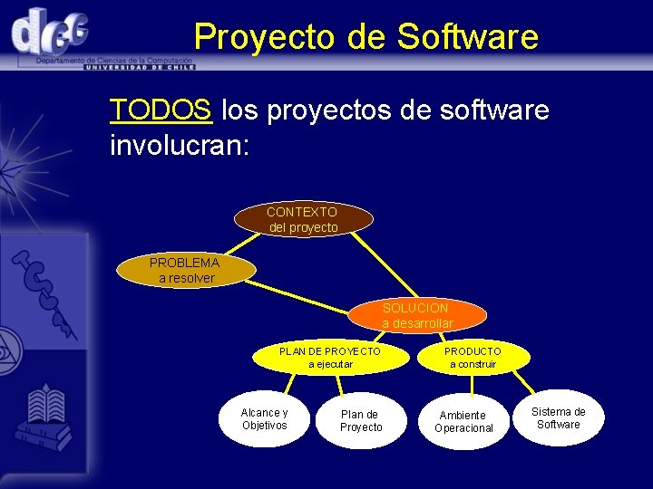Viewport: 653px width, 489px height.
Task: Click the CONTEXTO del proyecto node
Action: coord(303,219)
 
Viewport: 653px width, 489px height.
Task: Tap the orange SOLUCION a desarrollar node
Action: coord(416,315)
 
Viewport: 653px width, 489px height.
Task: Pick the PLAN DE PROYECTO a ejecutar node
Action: coord(330,357)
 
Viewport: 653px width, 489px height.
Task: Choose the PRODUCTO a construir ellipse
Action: coord(473,357)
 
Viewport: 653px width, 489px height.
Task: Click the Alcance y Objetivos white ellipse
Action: coord(264,419)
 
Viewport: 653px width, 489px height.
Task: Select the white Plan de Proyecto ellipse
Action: coord(361,421)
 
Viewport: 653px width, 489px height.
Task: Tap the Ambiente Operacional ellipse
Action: coord(463,421)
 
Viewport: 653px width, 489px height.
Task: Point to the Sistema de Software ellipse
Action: coord(559,418)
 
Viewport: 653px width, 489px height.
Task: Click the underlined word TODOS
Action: coord(161,110)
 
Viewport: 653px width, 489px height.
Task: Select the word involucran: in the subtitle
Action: coord(179,144)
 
